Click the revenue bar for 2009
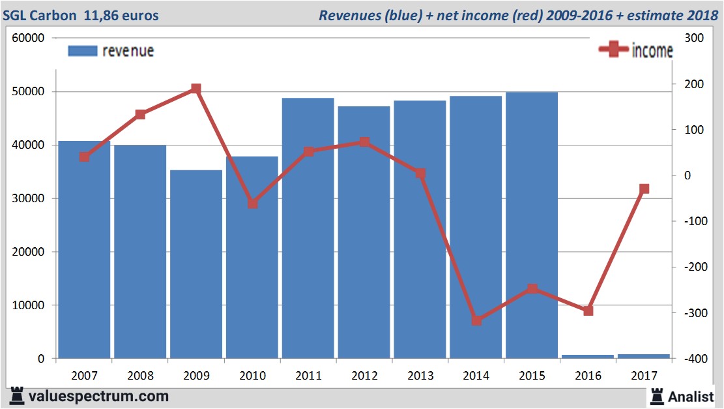pos(196,264)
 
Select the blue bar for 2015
pos(532,225)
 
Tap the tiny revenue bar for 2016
pos(588,356)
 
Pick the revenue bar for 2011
pos(308,228)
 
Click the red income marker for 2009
pos(196,89)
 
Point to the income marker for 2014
pos(476,320)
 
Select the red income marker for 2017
pos(644,189)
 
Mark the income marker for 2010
pos(252,203)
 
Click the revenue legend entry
pos(111,51)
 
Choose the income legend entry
pos(635,51)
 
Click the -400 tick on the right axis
pos(690,359)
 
